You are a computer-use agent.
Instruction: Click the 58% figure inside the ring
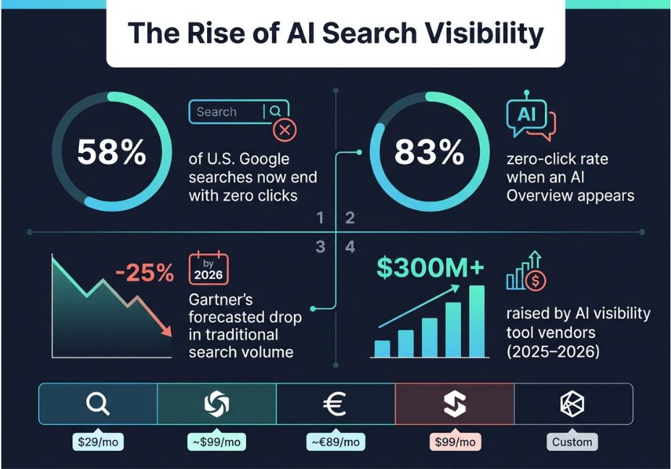[x=111, y=152]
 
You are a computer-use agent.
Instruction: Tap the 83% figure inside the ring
[x=429, y=152]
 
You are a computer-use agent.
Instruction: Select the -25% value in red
[x=145, y=272]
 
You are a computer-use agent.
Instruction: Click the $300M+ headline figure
[x=430, y=267]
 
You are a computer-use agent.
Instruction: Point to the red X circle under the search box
[x=284, y=130]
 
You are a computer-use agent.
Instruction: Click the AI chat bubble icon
[x=530, y=116]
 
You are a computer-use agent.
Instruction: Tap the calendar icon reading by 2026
[x=208, y=269]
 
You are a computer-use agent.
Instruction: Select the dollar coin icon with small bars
[x=526, y=271]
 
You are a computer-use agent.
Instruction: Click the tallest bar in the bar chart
[x=477, y=321]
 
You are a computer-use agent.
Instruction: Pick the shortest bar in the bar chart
[x=382, y=349]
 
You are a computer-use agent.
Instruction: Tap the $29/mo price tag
[x=98, y=441]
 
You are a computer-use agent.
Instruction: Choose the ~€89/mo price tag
[x=336, y=441]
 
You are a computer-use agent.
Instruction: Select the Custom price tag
[x=572, y=441]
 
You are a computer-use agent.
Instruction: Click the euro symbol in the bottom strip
[x=334, y=404]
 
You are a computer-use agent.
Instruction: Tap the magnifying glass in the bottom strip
[x=98, y=404]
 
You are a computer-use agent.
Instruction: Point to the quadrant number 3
[x=320, y=247]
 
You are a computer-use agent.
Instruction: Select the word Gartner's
[x=221, y=300]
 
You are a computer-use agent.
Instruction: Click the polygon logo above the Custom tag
[x=572, y=404]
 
